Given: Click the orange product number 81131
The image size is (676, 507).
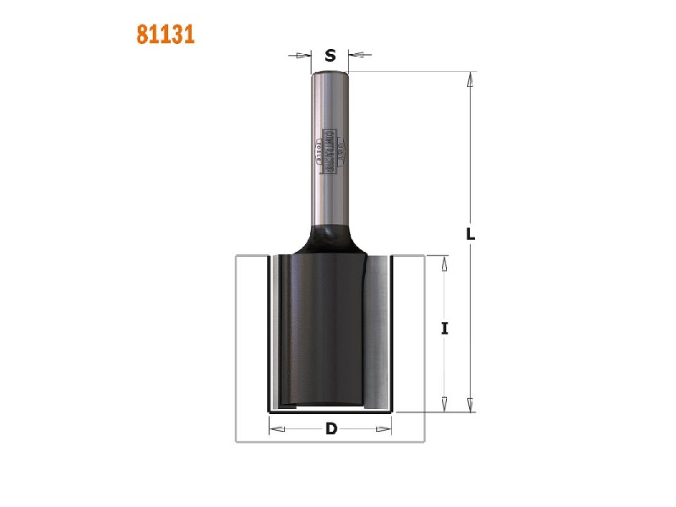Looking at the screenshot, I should [166, 35].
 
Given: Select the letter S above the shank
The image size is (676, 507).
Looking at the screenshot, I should [330, 57].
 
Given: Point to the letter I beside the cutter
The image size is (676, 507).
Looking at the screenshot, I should [444, 329].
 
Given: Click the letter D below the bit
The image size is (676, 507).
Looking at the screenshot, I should [331, 428].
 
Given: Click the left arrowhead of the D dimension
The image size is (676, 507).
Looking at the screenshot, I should [275, 428].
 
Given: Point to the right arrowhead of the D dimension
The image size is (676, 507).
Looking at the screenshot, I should [388, 428].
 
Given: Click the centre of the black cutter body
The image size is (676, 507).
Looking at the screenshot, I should [325, 330].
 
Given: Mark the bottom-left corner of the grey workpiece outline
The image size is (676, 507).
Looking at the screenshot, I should [236, 440].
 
